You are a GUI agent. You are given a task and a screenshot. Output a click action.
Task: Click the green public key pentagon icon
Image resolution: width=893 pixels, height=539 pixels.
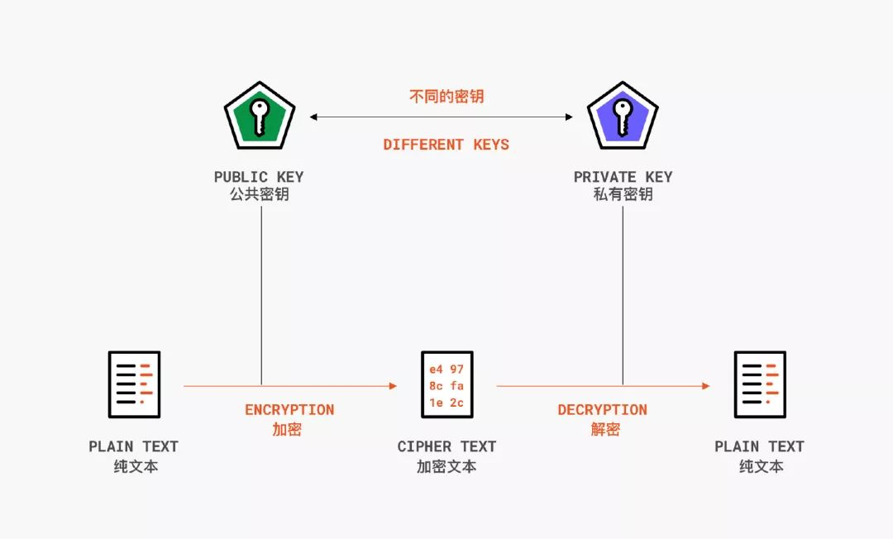click(259, 117)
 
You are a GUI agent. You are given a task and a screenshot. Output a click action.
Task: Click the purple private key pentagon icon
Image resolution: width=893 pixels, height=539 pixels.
click(623, 117)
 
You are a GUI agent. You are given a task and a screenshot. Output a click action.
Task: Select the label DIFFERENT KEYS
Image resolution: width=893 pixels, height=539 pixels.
click(446, 145)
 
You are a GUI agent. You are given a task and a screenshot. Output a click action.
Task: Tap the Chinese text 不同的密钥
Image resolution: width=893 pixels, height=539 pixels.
click(446, 97)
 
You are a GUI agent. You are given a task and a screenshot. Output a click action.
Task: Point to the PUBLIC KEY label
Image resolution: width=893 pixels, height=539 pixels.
click(259, 177)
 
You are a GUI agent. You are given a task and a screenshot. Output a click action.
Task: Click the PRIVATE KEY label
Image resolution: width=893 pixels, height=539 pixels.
click(623, 177)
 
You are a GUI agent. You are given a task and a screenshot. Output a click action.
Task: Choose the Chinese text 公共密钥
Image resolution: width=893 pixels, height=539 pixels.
click(259, 195)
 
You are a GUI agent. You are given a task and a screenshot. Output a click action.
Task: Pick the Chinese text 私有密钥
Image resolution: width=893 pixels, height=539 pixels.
click(623, 195)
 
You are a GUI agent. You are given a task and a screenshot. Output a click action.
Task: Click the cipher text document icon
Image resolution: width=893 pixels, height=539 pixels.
click(446, 384)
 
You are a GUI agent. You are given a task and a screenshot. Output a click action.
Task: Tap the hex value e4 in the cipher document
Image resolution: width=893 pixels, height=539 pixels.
click(435, 369)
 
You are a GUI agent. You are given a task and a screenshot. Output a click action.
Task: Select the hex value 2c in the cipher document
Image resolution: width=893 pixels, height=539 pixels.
click(457, 403)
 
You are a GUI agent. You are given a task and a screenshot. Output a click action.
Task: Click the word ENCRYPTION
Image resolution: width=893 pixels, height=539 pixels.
click(289, 410)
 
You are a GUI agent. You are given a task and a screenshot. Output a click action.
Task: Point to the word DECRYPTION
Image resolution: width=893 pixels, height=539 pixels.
click(602, 410)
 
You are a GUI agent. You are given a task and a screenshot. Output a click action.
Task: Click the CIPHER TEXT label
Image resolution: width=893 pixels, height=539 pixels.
click(446, 446)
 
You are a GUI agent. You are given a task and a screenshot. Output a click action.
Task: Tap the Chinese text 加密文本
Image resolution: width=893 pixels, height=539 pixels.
click(446, 466)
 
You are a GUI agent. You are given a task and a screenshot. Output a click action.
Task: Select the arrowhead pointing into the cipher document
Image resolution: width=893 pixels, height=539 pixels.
click(393, 386)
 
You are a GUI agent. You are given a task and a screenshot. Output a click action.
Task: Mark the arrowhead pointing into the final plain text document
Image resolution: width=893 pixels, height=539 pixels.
click(705, 386)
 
